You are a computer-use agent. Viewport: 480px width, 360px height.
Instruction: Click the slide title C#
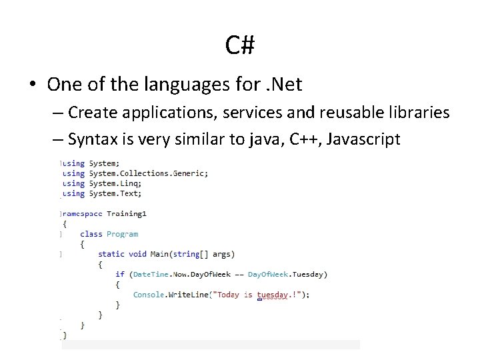pyautogui.click(x=240, y=45)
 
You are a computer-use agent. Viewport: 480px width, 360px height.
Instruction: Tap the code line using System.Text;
pyautogui.click(x=102, y=193)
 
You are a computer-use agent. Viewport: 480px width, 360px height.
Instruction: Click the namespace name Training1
pyautogui.click(x=126, y=214)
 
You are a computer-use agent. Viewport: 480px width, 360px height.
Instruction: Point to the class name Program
pyautogui.click(x=122, y=234)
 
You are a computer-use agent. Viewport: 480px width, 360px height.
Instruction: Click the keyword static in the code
pyautogui.click(x=111, y=254)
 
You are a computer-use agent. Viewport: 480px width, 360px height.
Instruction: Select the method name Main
pyautogui.click(x=159, y=254)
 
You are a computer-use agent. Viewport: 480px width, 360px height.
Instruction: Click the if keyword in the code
pyautogui.click(x=120, y=274)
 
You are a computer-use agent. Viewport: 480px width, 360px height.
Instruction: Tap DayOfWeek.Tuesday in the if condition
pyautogui.click(x=287, y=274)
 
